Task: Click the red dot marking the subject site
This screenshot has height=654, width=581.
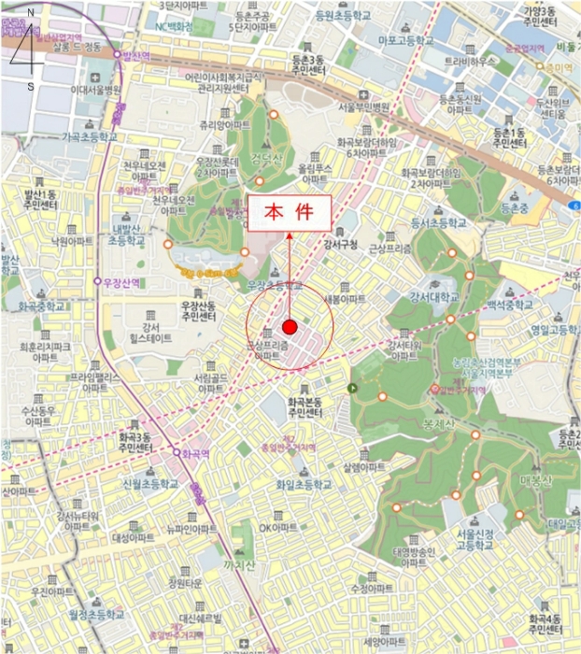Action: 290,327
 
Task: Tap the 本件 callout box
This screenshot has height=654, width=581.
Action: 289,213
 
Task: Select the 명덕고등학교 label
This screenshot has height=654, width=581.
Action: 552,328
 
